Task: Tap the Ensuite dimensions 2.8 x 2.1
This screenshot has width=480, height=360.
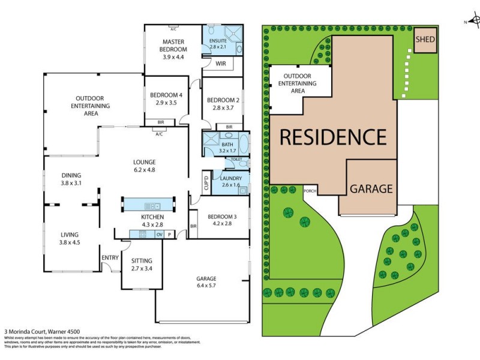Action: (x=217, y=46)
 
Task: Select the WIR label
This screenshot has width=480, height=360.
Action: (x=220, y=61)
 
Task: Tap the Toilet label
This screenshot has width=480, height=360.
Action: (x=236, y=160)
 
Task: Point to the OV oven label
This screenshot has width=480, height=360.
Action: (x=159, y=234)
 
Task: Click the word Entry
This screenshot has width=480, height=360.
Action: (x=110, y=257)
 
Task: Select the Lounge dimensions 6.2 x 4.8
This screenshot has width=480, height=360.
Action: (x=144, y=169)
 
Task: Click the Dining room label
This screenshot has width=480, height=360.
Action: (x=71, y=175)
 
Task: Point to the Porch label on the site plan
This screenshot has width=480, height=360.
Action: (x=310, y=191)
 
